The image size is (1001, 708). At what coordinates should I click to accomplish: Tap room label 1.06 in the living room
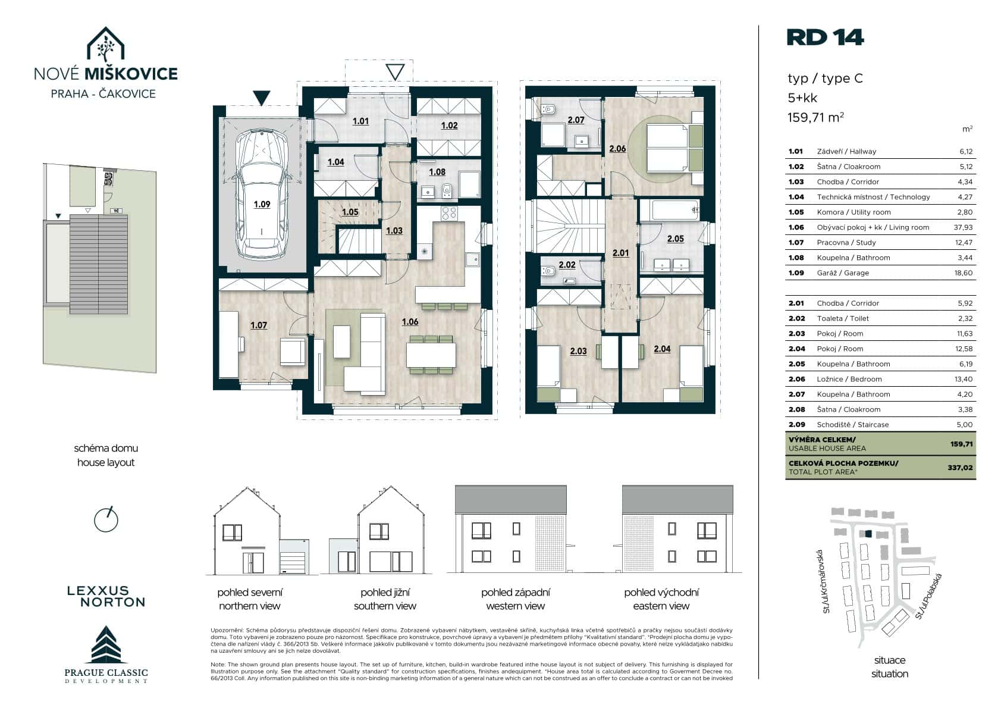pos(410,322)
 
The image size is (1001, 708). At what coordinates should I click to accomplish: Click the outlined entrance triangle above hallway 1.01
pos(395,71)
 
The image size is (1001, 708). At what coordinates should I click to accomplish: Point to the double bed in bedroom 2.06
pos(667,148)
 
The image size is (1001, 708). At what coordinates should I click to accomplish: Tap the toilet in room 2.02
pos(548,271)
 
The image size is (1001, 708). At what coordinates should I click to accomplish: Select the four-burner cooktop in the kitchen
pos(449,213)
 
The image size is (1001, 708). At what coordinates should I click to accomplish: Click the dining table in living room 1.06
pos(431,355)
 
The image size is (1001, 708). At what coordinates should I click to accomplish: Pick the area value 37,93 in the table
pos(963,227)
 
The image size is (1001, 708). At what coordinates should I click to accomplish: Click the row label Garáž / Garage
pos(843,272)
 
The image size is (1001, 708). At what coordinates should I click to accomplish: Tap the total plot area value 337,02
pos(960,468)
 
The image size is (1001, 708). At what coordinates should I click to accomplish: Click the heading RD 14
pos(825,37)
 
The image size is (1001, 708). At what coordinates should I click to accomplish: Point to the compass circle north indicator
pos(106,520)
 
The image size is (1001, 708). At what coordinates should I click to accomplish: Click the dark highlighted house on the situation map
pos(868,534)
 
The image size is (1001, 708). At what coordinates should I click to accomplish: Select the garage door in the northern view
pos(293,563)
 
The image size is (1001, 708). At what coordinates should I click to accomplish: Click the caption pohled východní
pos(661,592)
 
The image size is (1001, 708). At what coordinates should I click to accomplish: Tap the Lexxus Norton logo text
pos(106,596)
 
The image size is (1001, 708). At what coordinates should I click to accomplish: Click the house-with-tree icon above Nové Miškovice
pos(105,44)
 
